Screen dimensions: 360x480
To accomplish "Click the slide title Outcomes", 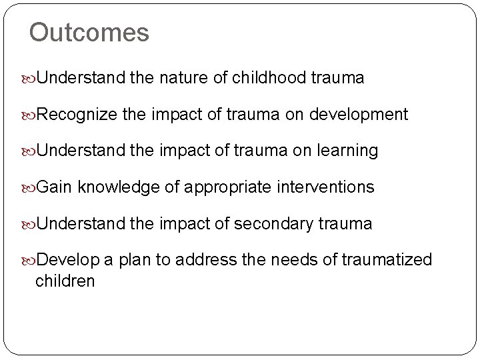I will [x=89, y=33].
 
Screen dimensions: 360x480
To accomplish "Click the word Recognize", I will [x=77, y=115].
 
